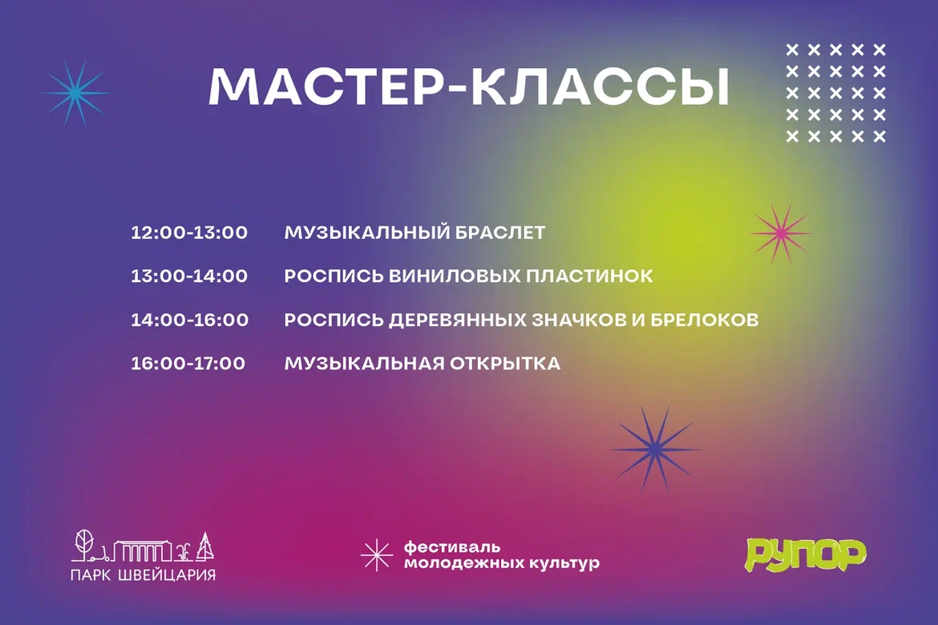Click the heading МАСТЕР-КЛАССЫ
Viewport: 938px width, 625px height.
pos(468,87)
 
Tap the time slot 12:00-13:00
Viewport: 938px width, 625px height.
pos(189,232)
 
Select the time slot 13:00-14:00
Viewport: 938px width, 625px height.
pos(189,276)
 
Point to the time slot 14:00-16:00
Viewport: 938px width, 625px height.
pos(190,320)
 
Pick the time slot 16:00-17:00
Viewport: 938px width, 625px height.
pos(188,363)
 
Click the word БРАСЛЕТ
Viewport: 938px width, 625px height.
pos(500,232)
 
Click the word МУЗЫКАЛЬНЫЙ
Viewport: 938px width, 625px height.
pos(366,232)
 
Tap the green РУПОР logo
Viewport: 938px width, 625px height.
pos(806,554)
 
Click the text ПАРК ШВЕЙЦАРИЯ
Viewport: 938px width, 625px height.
pos(143,576)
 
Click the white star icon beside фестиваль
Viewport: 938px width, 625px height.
pos(377,555)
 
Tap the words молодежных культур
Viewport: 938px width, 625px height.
pos(501,563)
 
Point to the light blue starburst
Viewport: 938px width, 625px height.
pos(75,93)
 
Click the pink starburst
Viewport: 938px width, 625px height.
pos(781,233)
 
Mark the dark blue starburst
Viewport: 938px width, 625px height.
pos(655,450)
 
